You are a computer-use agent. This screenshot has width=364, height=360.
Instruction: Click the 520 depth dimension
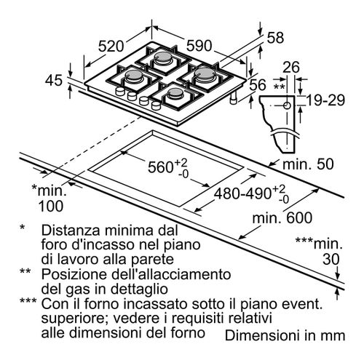coord(111,46)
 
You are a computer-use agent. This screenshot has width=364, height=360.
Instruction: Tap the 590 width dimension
coord(199,46)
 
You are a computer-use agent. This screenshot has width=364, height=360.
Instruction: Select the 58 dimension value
coord(275,38)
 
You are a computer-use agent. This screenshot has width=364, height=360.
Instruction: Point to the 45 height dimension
coord(54,80)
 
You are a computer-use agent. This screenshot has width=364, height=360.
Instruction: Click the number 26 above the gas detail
coord(291,67)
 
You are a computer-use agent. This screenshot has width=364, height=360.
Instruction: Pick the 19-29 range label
coord(325,100)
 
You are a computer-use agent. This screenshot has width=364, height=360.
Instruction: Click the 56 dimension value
coord(258,84)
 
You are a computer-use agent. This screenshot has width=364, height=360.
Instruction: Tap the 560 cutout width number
coord(161,167)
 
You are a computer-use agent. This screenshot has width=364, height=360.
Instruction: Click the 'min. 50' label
coord(308,164)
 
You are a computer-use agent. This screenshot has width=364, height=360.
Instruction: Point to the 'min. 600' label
coord(282,217)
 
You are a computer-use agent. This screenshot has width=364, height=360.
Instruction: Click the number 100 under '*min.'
coord(51,207)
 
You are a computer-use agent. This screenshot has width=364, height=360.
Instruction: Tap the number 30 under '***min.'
coord(331,259)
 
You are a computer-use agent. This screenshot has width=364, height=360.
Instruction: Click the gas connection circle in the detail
coord(288,105)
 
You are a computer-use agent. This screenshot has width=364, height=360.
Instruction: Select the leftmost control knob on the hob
coord(120,91)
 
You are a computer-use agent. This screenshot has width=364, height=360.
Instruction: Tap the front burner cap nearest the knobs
coord(174,92)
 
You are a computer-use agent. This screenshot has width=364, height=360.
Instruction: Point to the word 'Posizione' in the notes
coord(74,274)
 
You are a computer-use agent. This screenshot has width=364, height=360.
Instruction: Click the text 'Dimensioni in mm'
coord(285,335)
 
